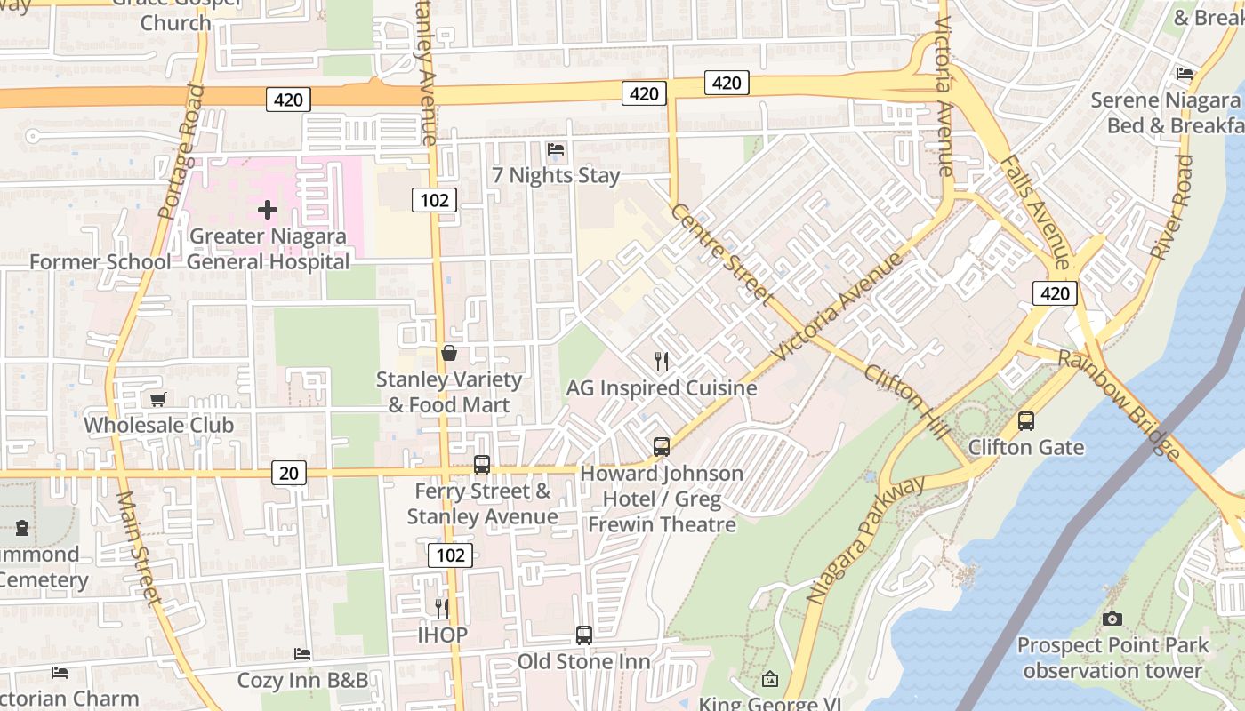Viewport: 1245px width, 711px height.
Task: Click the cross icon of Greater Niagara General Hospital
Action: pos(267,210)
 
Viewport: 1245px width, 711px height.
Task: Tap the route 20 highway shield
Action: pos(288,473)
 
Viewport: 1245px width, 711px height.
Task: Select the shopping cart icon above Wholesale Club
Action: pos(158,399)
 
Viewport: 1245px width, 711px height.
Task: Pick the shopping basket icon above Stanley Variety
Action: pos(449,353)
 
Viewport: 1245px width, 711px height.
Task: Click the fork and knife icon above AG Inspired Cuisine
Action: pos(661,361)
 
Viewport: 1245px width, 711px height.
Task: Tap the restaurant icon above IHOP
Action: pos(442,608)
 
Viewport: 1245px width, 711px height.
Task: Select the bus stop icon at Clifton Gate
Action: pos(1026,420)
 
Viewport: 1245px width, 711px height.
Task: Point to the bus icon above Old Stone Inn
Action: pos(583,635)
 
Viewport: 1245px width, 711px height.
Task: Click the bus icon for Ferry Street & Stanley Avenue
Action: pos(482,464)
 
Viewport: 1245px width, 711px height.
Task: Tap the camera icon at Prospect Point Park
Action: pos(1112,618)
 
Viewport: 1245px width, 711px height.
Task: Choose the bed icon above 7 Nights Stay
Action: pos(556,148)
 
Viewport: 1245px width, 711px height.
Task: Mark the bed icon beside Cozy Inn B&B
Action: pos(302,653)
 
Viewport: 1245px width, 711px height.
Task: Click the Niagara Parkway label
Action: pos(865,540)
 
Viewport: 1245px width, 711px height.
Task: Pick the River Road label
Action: pos(1171,207)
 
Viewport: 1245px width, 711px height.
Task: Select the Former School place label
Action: pos(100,261)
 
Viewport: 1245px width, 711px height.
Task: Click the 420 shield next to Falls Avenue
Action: pos(1055,293)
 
